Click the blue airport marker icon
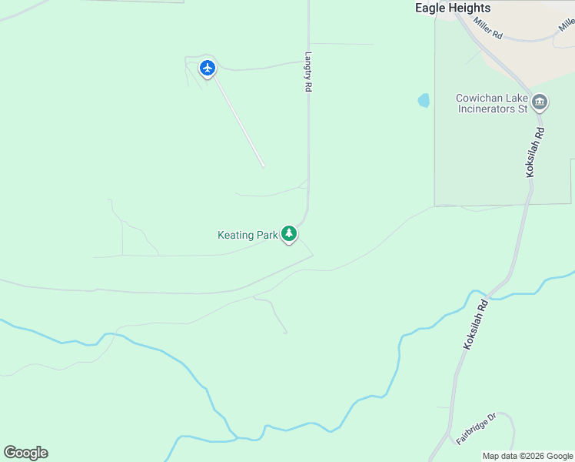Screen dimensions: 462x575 (x=207, y=68)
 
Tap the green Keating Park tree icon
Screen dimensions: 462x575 (x=289, y=233)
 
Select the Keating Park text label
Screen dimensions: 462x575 (x=247, y=235)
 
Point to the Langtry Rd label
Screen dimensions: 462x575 (x=307, y=72)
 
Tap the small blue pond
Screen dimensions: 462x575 (x=424, y=101)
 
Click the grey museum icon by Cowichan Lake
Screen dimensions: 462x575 (x=540, y=102)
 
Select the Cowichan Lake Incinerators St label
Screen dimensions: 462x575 (x=492, y=103)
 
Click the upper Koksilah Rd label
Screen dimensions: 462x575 (x=535, y=152)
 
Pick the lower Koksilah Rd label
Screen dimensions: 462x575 (x=477, y=326)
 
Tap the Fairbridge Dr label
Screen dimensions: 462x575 (x=477, y=428)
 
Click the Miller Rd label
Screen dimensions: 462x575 (x=488, y=28)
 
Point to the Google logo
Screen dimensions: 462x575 (x=25, y=452)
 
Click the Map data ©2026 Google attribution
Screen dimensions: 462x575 (x=527, y=456)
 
